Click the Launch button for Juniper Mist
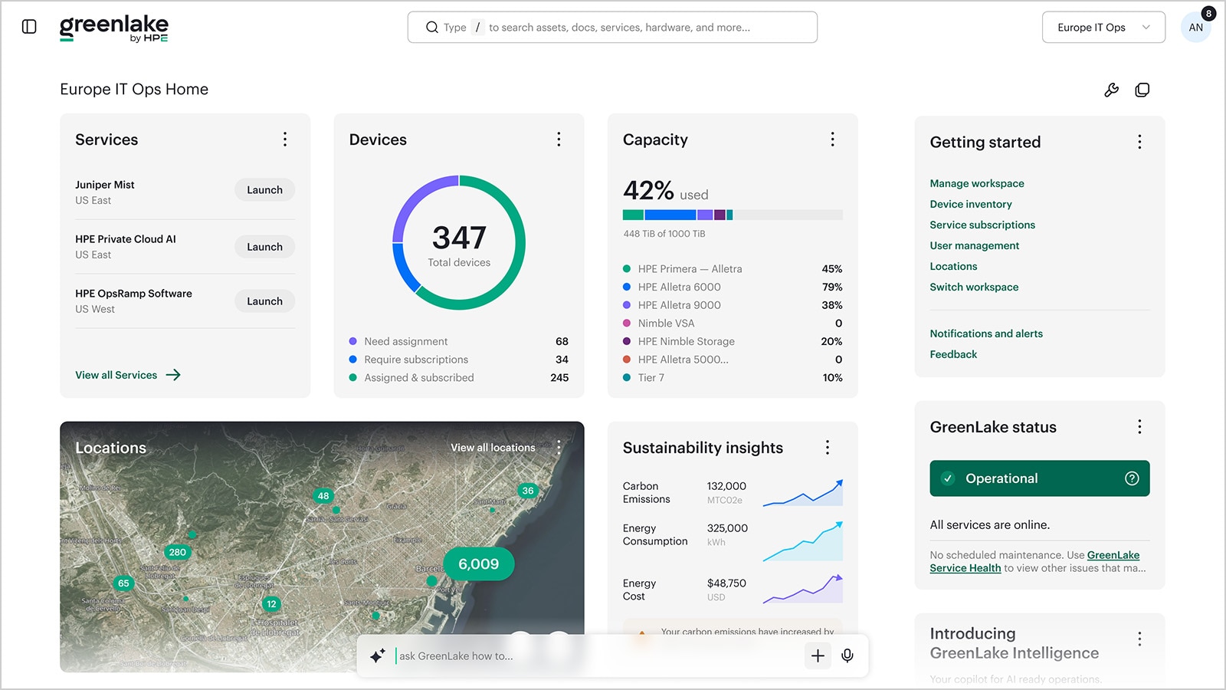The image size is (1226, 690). pos(264,190)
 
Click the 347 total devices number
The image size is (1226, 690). pos(459,238)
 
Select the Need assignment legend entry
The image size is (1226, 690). pos(405,341)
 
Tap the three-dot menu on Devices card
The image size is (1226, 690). pos(559,140)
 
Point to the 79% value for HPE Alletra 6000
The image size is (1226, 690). pos(831,287)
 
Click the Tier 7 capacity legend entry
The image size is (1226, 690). pos(651,377)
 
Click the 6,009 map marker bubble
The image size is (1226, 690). pos(478,564)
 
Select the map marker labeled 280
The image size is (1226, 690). pos(178,552)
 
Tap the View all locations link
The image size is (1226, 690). pos(493,448)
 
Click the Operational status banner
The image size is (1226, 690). pos(1039,478)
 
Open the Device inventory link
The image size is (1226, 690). pos(970,204)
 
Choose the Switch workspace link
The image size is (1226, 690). pos(974,287)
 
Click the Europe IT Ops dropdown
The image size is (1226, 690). pos(1103,28)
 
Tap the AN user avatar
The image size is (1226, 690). pos(1195,28)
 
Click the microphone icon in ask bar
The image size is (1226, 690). pos(847,655)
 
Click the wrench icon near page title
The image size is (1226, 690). pos(1111,90)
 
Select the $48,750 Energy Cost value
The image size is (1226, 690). pos(726,583)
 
